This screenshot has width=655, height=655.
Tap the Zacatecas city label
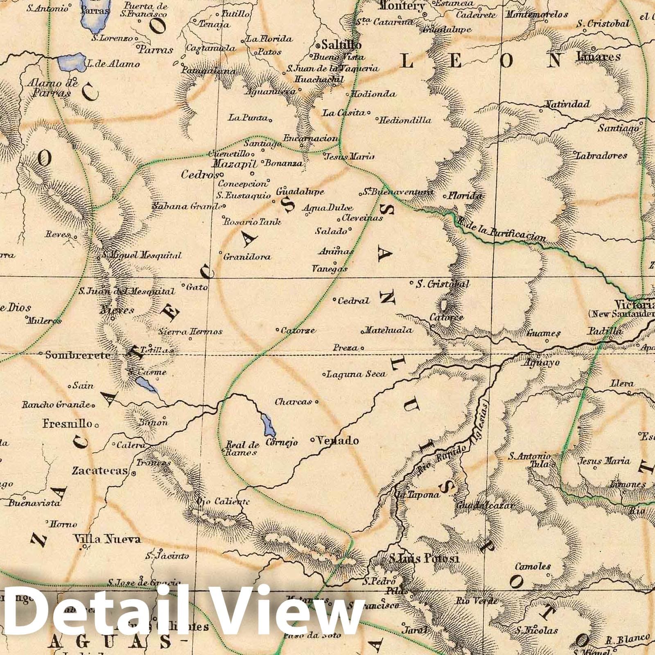(100, 471)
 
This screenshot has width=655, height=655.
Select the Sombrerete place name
(78, 355)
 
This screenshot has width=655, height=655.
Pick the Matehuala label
(388, 330)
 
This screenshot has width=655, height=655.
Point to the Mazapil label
(234, 165)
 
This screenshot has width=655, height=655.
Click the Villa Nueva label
(107, 539)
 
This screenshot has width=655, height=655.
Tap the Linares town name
(598, 57)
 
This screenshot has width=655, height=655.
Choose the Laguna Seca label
(356, 374)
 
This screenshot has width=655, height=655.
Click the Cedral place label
(353, 301)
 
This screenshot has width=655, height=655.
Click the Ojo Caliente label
(223, 501)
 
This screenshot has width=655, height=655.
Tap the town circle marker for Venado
(312, 440)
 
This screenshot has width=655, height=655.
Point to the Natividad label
(567, 104)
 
